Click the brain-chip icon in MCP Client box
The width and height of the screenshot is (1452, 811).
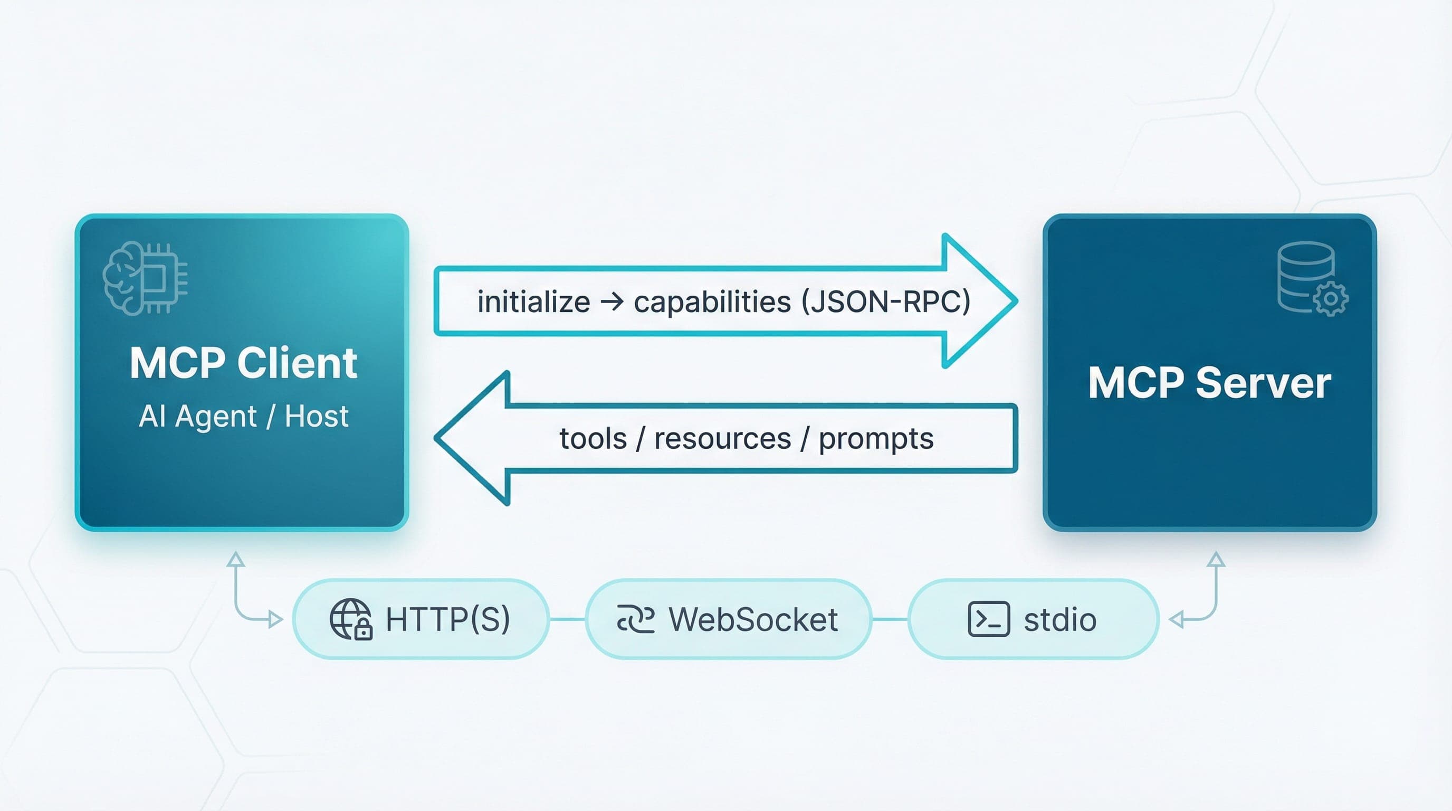click(145, 278)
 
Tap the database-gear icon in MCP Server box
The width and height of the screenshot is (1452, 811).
click(1312, 279)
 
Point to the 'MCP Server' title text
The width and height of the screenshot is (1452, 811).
click(1209, 383)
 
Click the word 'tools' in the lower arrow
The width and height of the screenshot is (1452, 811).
click(593, 439)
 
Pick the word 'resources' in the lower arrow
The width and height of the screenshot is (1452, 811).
click(723, 439)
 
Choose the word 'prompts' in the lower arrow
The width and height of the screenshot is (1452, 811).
click(876, 439)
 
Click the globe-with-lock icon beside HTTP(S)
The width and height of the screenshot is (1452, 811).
click(350, 619)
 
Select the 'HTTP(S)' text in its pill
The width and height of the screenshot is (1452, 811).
click(447, 619)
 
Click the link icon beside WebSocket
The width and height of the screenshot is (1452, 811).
click(636, 619)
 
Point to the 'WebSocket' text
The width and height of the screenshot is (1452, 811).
click(753, 619)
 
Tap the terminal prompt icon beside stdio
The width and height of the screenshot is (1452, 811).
click(988, 619)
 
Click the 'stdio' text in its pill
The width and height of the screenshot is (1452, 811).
click(1059, 620)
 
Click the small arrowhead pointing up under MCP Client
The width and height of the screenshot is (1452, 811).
click(236, 559)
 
